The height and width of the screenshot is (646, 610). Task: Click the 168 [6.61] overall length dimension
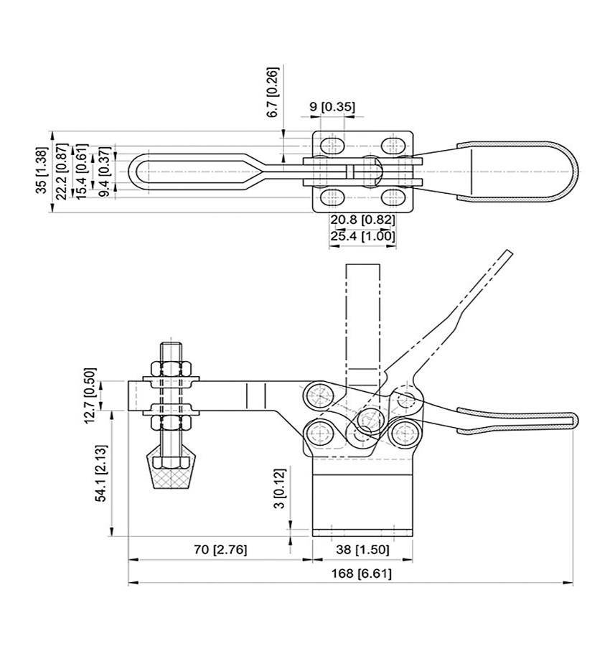pos(361,573)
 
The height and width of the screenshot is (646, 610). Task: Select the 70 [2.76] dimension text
pos(220,549)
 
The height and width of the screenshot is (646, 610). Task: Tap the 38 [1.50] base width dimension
pos(362,549)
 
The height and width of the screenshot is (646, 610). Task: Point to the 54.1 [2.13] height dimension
pos(101,473)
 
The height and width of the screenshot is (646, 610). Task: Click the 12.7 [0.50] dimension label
pos(90,395)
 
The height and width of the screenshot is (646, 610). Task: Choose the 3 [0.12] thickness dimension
pos(279,488)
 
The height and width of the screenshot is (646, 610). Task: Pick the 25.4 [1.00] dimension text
pos(362,236)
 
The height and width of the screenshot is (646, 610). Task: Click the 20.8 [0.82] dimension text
pos(362,220)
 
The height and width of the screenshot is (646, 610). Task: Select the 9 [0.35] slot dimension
pos(332,107)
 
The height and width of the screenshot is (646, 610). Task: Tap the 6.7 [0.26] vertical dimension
pos(273,93)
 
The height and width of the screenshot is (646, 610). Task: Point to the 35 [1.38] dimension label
pos(42,170)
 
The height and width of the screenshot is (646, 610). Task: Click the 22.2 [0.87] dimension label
pos(62,172)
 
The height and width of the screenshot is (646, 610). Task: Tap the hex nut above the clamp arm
pos(171,369)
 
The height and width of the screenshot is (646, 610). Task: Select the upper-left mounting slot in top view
pos(332,146)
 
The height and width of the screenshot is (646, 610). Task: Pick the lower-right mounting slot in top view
pos(393,197)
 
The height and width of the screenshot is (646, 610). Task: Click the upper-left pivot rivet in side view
pos(319,396)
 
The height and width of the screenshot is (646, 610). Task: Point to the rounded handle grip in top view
pos(517,172)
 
